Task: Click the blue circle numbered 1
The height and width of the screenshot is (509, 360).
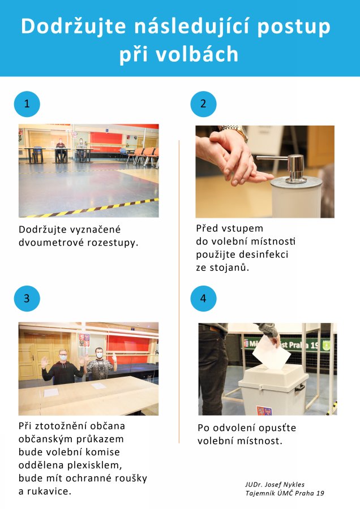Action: pyautogui.click(x=27, y=104)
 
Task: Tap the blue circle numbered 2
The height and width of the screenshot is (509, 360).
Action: pyautogui.click(x=203, y=104)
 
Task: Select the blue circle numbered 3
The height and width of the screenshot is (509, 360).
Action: pyautogui.click(x=27, y=298)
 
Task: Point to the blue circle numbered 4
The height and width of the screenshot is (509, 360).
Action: pyautogui.click(x=203, y=298)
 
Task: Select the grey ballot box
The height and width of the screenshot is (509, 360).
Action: pyautogui.click(x=273, y=390)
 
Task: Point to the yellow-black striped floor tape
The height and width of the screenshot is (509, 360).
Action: pyautogui.click(x=92, y=208)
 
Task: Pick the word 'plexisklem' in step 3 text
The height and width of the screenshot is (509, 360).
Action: pyautogui.click(x=94, y=465)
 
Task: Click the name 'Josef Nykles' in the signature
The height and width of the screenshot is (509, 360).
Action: pyautogui.click(x=285, y=485)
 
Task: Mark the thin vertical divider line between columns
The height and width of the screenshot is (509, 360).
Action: pyautogui.click(x=179, y=292)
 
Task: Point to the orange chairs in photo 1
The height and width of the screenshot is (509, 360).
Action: pyautogui.click(x=143, y=156)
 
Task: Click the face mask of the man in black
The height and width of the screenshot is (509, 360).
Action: pyautogui.click(x=63, y=357)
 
